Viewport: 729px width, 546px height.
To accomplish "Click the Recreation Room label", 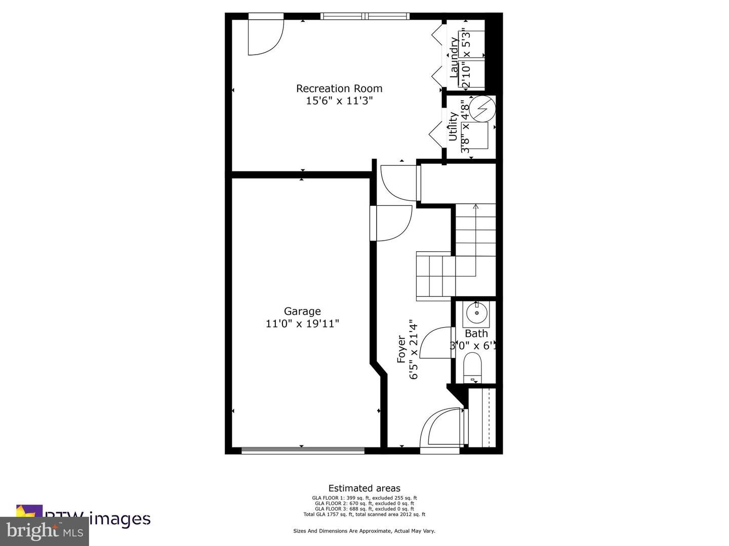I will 339,88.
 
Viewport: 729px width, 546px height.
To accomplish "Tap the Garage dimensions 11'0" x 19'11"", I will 302,324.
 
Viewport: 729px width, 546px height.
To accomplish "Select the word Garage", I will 302,311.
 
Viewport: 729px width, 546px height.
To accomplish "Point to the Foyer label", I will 401,349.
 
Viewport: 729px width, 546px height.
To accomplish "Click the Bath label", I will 476,334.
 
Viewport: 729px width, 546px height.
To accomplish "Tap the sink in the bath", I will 476,313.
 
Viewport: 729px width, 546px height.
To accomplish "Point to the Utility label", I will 453,126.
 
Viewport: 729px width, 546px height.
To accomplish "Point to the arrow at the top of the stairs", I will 475,206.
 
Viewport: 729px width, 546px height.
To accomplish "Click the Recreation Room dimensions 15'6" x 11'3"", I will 339,101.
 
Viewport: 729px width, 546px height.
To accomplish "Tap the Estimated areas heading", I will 364,488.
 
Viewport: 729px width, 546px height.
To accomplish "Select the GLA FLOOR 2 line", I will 364,504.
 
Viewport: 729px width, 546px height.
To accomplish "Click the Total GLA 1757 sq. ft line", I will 364,515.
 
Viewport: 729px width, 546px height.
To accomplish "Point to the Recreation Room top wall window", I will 365,16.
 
